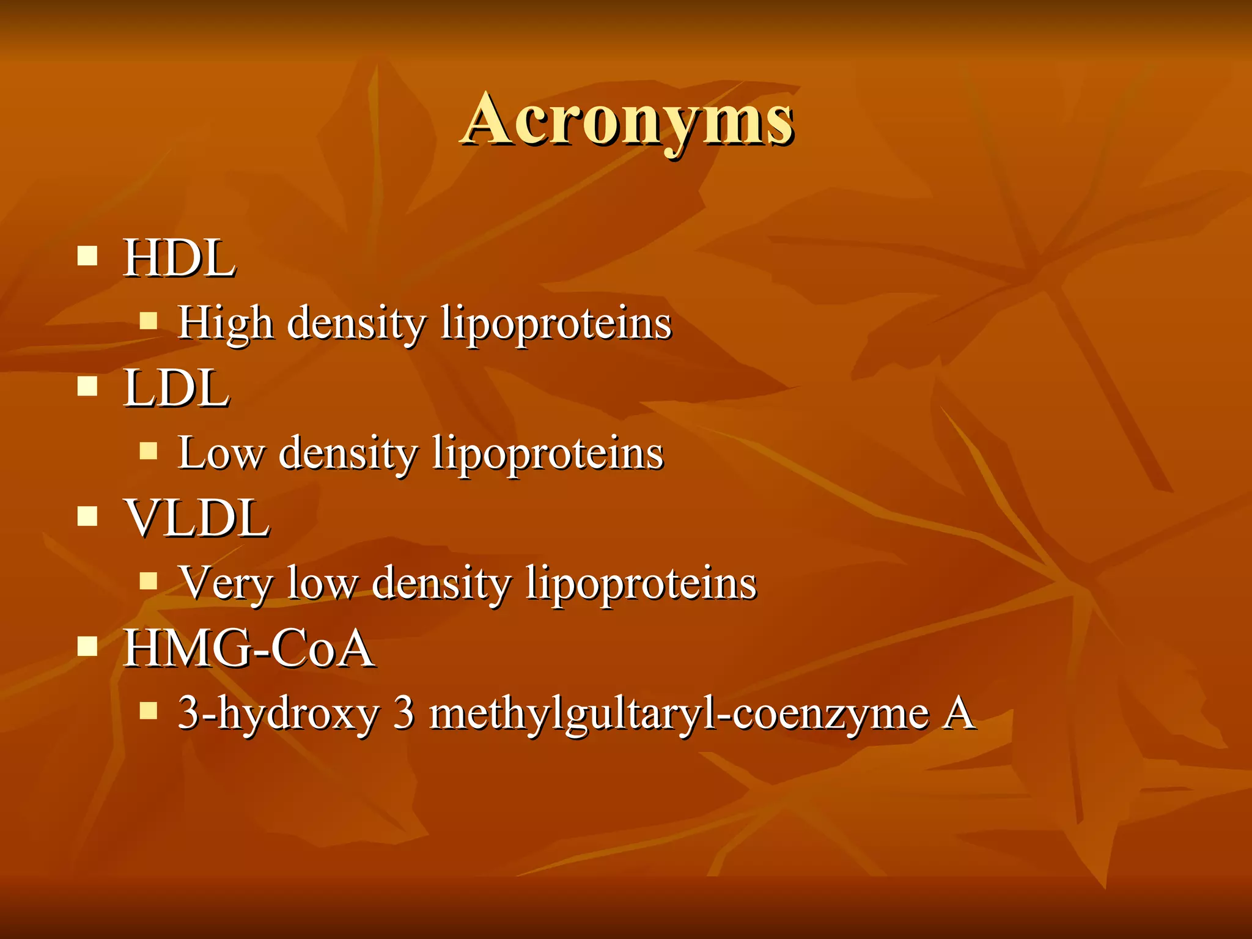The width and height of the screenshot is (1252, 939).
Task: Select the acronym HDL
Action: coord(179,258)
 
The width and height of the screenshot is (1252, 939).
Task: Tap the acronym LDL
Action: coord(177,388)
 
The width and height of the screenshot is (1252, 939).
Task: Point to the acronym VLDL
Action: coord(197,518)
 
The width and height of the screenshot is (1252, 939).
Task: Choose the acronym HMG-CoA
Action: coord(249,649)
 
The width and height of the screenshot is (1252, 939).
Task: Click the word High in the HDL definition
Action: coord(225,322)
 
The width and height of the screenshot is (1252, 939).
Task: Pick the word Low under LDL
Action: coord(221,453)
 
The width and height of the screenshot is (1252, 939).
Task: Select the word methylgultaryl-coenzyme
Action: coord(679,713)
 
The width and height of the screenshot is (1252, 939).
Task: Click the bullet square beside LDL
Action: coord(88,386)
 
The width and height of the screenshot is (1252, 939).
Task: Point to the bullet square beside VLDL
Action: coord(88,516)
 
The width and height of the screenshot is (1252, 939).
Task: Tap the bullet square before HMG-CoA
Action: coord(88,646)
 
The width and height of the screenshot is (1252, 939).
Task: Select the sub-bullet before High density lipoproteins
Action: coord(149,320)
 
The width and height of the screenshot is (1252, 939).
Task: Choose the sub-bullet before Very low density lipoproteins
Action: coord(149,580)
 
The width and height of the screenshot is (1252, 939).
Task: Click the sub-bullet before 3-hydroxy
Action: coord(149,710)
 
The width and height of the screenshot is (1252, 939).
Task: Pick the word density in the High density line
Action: coord(356,322)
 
